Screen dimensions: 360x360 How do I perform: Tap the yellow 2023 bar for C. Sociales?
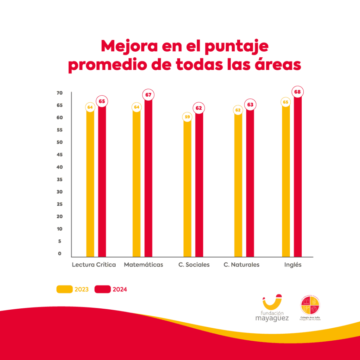point(187,188)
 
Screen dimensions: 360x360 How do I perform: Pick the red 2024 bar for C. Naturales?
point(250,183)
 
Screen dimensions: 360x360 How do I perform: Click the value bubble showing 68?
point(297,92)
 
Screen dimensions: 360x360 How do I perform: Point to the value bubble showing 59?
point(187,117)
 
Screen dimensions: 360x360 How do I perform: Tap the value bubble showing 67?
point(148,95)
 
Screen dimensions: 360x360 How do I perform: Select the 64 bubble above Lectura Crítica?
point(90,107)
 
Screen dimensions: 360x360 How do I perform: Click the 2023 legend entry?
point(73,289)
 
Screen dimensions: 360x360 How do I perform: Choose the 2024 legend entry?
point(111,289)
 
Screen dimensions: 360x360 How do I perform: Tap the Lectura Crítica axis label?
point(94,265)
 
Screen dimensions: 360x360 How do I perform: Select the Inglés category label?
point(293,265)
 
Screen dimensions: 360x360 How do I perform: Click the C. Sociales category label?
point(194,265)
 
